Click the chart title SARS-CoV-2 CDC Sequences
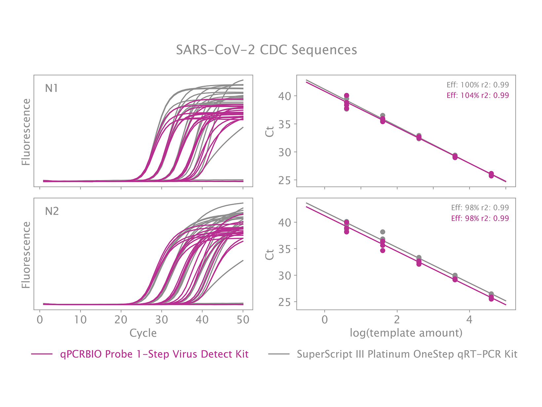(x=266, y=50)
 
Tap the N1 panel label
(x=52, y=88)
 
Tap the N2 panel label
(x=52, y=211)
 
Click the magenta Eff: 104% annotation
(x=478, y=96)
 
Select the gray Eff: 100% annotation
(x=478, y=85)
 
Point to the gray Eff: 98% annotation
(x=480, y=208)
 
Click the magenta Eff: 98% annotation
(x=480, y=218)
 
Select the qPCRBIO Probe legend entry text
(x=154, y=354)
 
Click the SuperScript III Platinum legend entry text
(x=407, y=354)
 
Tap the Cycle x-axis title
(x=143, y=333)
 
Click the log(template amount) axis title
(x=406, y=333)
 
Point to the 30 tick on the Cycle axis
(x=162, y=319)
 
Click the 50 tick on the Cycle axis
(x=243, y=319)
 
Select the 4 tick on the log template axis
(x=469, y=319)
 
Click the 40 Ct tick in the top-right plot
(x=285, y=96)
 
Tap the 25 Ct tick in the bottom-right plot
(x=285, y=302)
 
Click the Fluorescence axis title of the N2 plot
(x=26, y=255)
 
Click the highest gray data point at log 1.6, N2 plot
(x=382, y=232)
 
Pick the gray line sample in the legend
(x=279, y=354)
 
